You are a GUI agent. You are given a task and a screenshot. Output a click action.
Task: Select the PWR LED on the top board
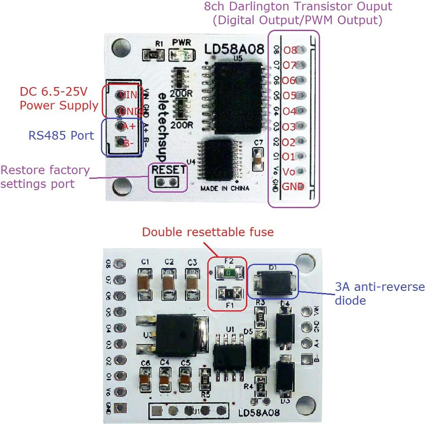click(x=182, y=55)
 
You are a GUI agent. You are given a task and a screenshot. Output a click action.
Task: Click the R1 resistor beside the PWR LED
click(x=153, y=55)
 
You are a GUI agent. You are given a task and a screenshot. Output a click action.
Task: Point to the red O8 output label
click(x=290, y=50)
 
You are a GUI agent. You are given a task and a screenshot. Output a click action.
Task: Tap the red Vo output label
click(x=289, y=172)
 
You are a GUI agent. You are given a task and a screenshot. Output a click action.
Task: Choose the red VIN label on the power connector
click(x=128, y=95)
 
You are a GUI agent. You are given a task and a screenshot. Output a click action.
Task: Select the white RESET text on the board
click(x=168, y=170)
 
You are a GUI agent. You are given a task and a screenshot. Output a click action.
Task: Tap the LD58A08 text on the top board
click(x=234, y=49)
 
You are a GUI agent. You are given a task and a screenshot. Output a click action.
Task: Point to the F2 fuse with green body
click(x=229, y=273)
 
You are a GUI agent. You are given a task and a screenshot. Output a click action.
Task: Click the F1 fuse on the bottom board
click(x=229, y=293)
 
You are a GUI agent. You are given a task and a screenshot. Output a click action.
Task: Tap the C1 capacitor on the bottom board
click(x=145, y=284)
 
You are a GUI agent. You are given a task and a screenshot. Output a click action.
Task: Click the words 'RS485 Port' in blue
click(x=61, y=136)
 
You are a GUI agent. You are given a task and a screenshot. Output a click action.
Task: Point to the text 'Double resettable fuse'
click(x=208, y=232)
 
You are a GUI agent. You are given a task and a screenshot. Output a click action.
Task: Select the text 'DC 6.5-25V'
click(x=53, y=92)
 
